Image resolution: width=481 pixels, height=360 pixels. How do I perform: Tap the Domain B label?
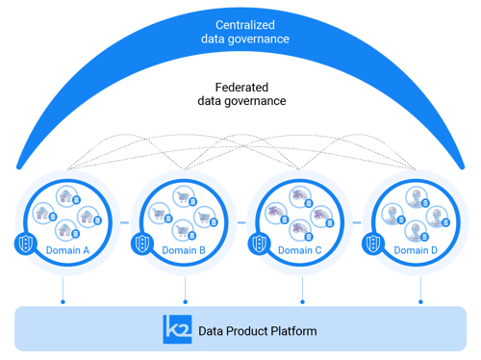coord(183,250)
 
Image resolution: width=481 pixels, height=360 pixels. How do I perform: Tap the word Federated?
coord(240,85)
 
